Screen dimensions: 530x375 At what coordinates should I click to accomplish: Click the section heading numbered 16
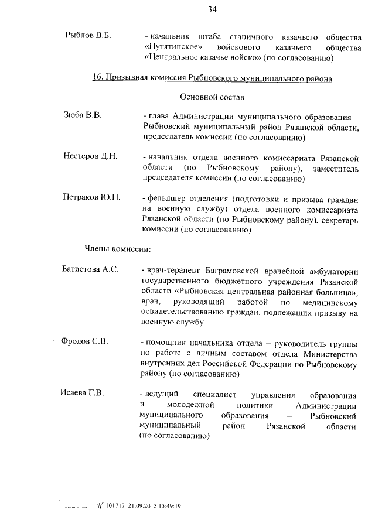213,78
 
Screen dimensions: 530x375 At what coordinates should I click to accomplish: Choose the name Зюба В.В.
83,115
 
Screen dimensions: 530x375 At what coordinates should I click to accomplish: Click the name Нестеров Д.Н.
91,156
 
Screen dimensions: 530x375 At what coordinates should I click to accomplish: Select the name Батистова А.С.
91,269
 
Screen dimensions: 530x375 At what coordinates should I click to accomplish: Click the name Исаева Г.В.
83,393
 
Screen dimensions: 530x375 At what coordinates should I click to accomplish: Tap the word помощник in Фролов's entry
170,342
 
